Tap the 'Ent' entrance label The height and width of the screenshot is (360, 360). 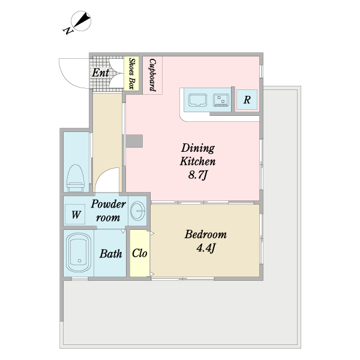point(100,73)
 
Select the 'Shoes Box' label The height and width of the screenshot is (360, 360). point(131,73)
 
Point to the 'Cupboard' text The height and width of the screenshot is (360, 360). point(152,75)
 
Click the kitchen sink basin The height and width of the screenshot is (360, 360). point(197,100)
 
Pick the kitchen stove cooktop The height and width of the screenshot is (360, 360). point(221,100)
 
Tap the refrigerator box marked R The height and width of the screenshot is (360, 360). point(247,100)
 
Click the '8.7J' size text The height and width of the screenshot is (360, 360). point(198,175)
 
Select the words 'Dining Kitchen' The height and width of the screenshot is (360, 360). point(197,155)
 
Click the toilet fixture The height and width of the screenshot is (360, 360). point(75,178)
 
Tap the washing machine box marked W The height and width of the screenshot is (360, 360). point(76,214)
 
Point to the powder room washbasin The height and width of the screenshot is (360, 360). point(137,211)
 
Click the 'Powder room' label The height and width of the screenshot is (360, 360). point(108,211)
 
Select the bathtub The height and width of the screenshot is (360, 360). point(79,253)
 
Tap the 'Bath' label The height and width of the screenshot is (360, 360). point(110,254)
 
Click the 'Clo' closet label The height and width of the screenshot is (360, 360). point(139,253)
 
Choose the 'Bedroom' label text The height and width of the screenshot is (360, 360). point(206,235)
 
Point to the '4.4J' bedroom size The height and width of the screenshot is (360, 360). point(206,248)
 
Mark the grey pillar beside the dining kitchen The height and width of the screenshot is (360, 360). point(134,141)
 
